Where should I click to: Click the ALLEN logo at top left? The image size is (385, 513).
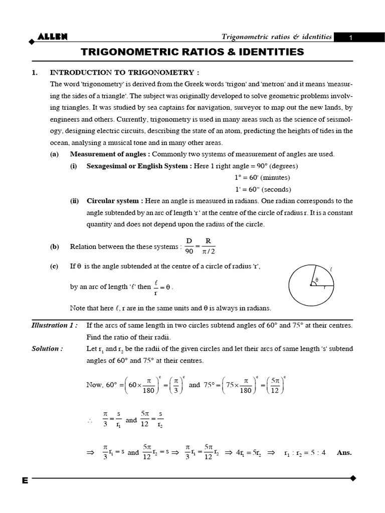(x=52, y=36)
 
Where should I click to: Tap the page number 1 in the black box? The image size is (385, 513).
(x=351, y=38)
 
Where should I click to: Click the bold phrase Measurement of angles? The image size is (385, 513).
(x=109, y=154)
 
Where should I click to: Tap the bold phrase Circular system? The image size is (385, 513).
(x=115, y=201)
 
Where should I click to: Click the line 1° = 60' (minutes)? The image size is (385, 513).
(x=262, y=178)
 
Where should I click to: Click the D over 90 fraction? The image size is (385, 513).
(x=189, y=246)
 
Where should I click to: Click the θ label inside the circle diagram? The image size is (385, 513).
(x=317, y=280)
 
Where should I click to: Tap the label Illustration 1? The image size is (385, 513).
(x=54, y=325)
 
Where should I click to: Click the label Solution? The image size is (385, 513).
(x=47, y=348)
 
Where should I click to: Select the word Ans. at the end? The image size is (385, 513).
(x=344, y=452)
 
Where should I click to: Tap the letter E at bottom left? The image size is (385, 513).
(x=25, y=480)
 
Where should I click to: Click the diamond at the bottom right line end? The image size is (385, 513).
(x=353, y=478)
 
